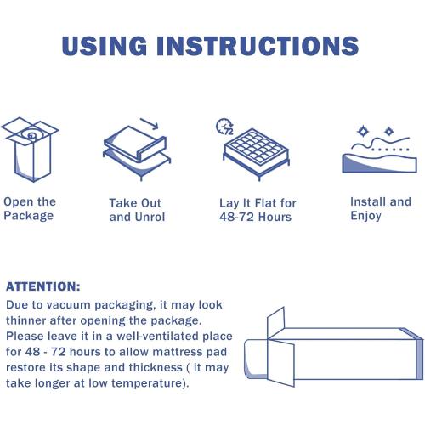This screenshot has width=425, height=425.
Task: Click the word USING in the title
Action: (105, 46)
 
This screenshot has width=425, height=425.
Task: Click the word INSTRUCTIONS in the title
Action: (258, 46)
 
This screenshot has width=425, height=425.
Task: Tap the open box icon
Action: (30, 150)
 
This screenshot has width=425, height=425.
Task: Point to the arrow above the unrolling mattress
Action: (150, 124)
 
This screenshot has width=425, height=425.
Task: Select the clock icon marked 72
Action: (224, 127)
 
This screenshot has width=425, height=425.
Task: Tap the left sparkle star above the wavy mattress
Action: (362, 132)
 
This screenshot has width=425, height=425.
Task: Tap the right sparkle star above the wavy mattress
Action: (388, 132)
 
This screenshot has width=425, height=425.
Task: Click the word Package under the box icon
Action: (29, 216)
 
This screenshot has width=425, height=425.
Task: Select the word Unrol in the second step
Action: (150, 217)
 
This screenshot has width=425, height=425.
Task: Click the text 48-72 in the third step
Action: (236, 217)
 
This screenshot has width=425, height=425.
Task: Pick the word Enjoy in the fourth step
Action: (366, 216)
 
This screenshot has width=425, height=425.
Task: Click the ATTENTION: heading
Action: (43, 286)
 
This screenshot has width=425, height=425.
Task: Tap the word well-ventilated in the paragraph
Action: (158, 337)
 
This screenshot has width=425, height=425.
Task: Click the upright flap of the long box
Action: (275, 322)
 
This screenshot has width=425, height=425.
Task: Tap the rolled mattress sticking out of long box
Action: (256, 359)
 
